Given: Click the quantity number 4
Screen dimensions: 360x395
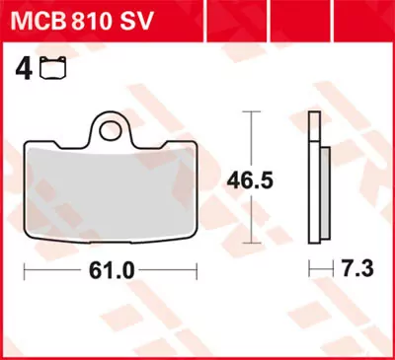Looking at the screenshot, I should pyautogui.click(x=20, y=70).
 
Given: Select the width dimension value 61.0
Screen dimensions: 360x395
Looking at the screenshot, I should pyautogui.click(x=111, y=268).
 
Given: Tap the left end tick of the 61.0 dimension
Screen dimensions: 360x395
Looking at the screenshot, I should pyautogui.click(x=25, y=268).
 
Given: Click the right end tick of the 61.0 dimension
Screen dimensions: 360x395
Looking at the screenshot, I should pyautogui.click(x=197, y=268).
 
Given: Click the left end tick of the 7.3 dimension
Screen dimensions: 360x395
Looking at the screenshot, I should pyautogui.click(x=309, y=268).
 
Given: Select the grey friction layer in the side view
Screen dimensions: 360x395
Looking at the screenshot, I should pyautogui.click(x=323, y=192).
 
